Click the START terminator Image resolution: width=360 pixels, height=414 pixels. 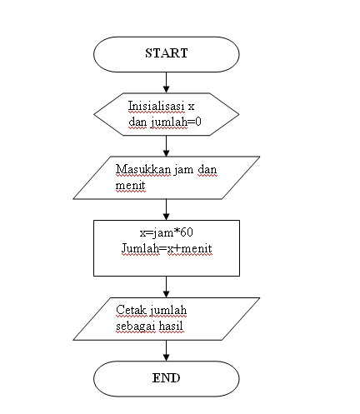[x=167, y=53]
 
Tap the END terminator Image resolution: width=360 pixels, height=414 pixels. [x=167, y=378]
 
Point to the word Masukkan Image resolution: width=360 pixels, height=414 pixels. [x=138, y=170]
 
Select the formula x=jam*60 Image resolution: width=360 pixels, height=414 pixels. [x=167, y=232]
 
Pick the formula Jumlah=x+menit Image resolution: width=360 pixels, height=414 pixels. [x=167, y=247]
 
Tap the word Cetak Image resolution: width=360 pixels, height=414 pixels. [x=131, y=312]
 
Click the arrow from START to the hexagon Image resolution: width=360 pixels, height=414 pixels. [x=167, y=81]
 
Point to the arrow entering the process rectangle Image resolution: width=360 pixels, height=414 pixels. [x=167, y=209]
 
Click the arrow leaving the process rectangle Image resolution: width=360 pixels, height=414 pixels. [x=167, y=286]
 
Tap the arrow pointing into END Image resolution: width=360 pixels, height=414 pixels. [x=167, y=350]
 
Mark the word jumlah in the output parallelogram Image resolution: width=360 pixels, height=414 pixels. [x=168, y=312]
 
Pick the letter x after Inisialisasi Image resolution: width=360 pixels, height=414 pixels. [x=191, y=107]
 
